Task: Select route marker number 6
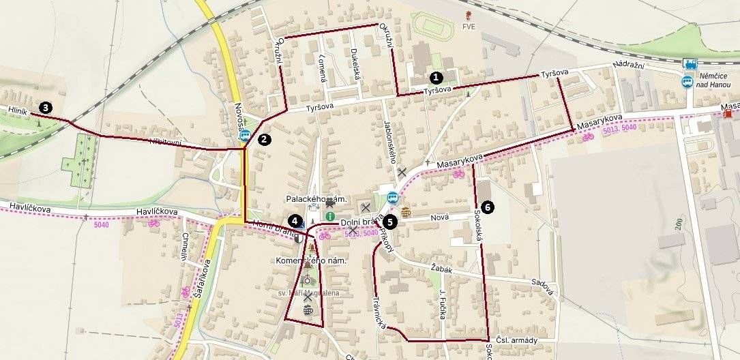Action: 486,205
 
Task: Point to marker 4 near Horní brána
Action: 294,220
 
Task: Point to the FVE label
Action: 468,27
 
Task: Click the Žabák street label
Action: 442,269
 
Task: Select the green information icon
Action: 330,215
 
